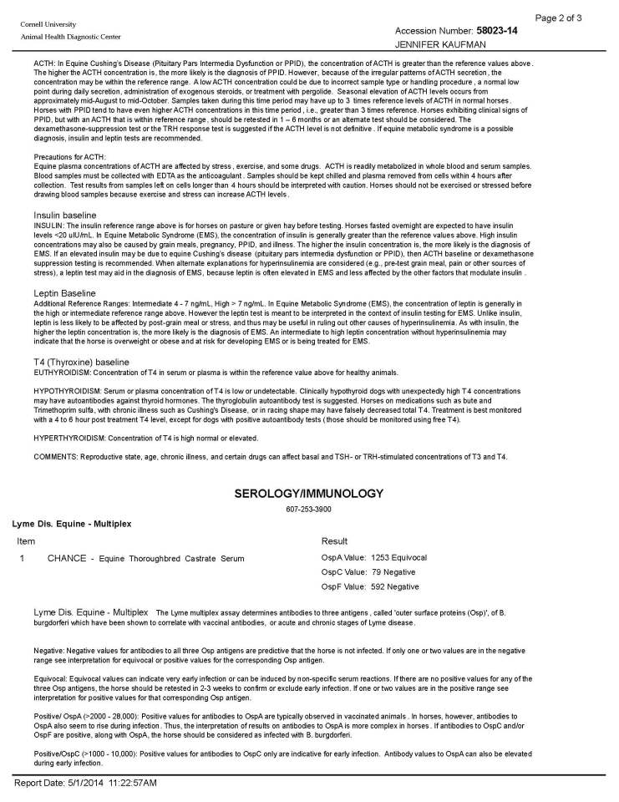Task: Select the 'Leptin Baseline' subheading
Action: click(64, 292)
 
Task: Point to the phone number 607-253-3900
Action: click(309, 509)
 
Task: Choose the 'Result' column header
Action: click(334, 541)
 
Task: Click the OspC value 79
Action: click(375, 571)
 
